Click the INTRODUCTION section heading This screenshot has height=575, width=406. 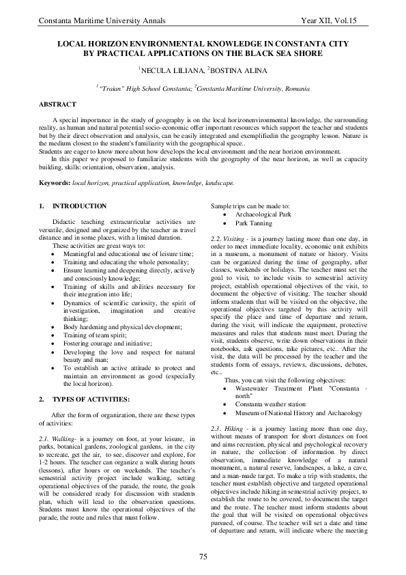tap(79, 206)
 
